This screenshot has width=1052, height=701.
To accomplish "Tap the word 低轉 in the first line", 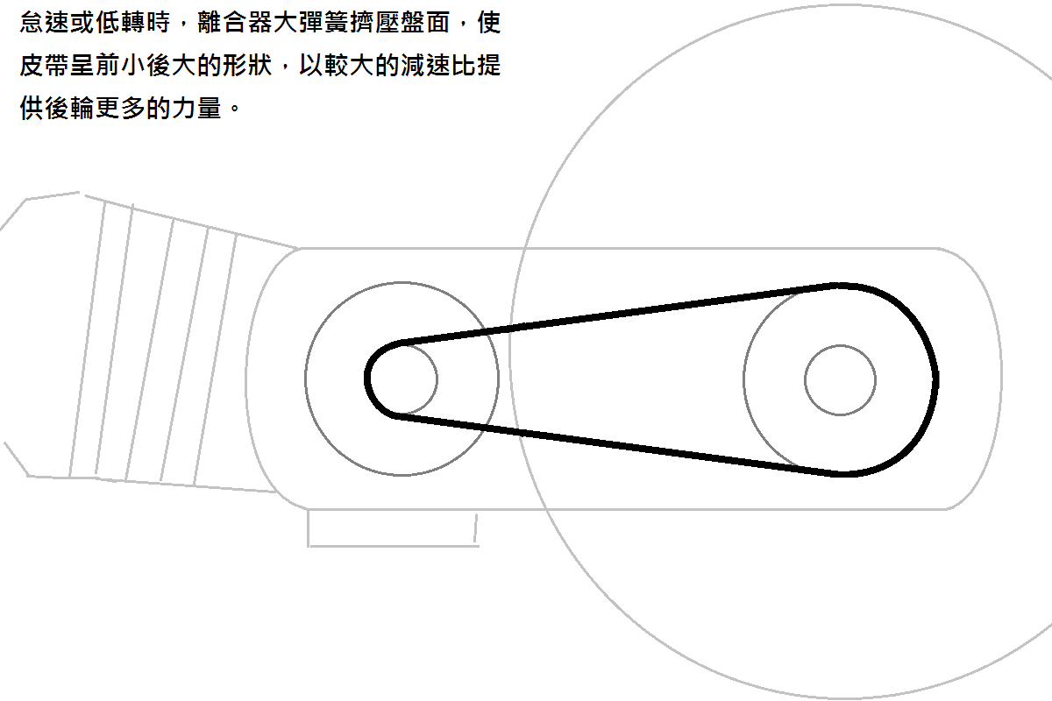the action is tap(120, 24).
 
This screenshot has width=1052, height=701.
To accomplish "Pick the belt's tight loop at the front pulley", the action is tap(369, 379).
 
